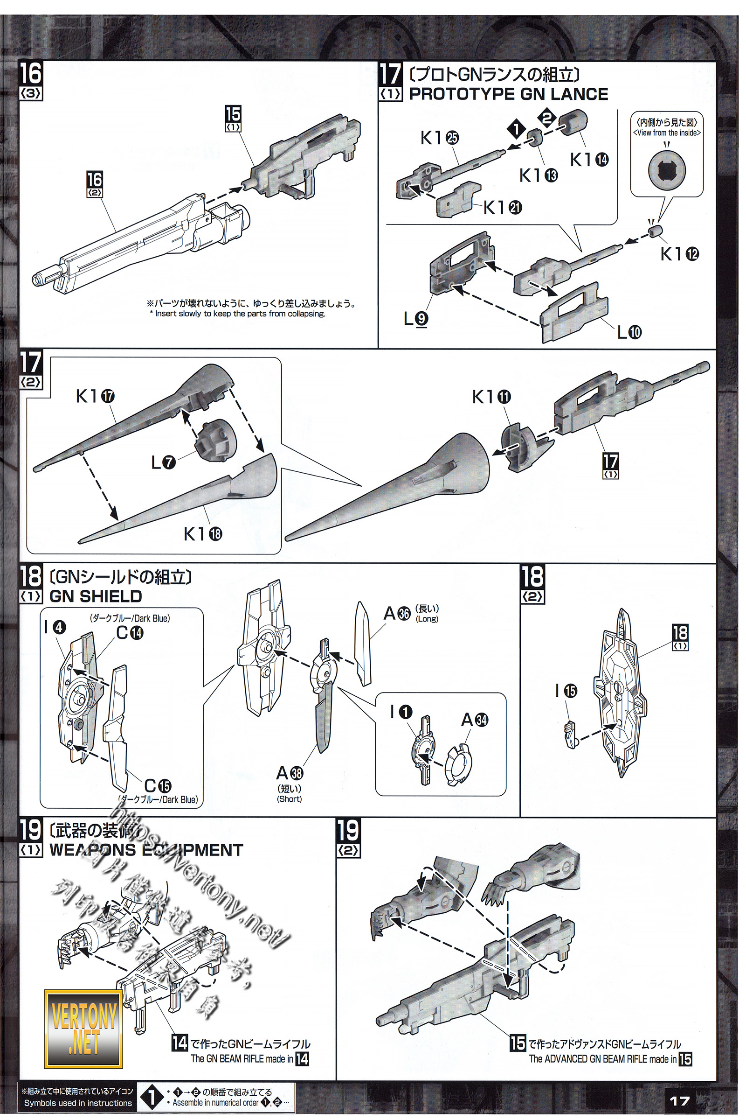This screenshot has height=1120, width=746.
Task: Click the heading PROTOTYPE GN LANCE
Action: (x=508, y=94)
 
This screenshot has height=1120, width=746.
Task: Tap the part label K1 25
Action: (x=439, y=138)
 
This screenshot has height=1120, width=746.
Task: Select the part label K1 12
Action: (x=679, y=254)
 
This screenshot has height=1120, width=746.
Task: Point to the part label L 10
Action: (x=629, y=332)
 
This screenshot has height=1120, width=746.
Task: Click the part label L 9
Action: (x=415, y=318)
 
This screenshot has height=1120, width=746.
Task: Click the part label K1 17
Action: (x=95, y=396)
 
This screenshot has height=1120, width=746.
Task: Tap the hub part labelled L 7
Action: (x=214, y=442)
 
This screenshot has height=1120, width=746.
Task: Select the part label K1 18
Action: (x=203, y=534)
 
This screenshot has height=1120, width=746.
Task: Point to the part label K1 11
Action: (x=491, y=397)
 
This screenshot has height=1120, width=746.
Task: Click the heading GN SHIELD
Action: (x=96, y=596)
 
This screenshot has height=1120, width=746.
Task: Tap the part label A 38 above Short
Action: (x=290, y=772)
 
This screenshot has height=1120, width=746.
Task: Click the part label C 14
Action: (x=130, y=633)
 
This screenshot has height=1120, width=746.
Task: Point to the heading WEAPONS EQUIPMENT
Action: (x=146, y=850)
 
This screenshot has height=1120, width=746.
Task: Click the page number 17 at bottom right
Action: (x=679, y=1100)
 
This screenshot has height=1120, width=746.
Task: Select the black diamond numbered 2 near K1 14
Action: (x=546, y=117)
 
